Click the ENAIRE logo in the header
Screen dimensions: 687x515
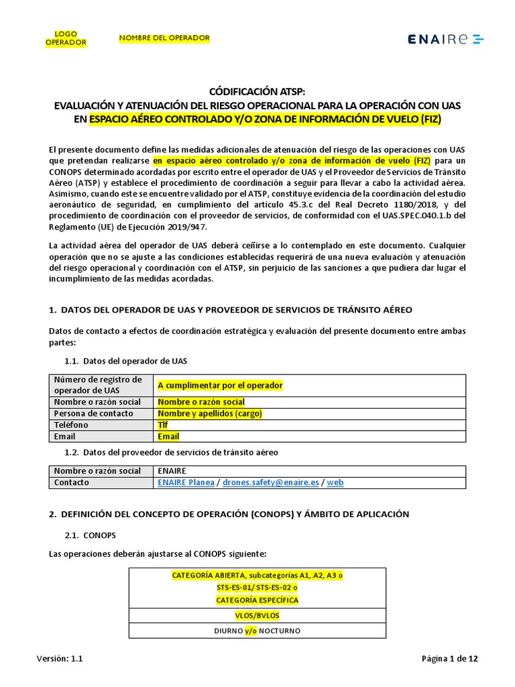point(445,39)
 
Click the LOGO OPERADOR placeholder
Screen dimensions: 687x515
point(66,38)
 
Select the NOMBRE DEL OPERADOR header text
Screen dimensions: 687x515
point(164,38)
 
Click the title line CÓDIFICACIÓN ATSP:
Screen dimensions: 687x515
point(257,92)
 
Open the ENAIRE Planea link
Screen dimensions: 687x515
point(186,482)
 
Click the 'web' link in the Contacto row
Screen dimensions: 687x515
point(335,482)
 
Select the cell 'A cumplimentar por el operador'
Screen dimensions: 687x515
point(220,385)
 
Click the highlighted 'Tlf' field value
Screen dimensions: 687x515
point(163,425)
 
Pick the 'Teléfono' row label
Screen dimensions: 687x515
point(71,425)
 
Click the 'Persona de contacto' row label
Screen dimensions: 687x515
point(93,413)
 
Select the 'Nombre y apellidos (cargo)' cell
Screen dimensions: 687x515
point(209,413)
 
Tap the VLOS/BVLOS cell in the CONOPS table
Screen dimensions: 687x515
point(257,615)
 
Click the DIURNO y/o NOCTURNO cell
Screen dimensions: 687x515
point(257,631)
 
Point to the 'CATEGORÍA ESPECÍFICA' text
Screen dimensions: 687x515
point(257,599)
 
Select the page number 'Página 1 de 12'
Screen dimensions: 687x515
point(449,659)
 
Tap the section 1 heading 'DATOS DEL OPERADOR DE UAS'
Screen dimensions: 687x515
point(231,309)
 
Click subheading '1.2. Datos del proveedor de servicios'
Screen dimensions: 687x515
point(170,452)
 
